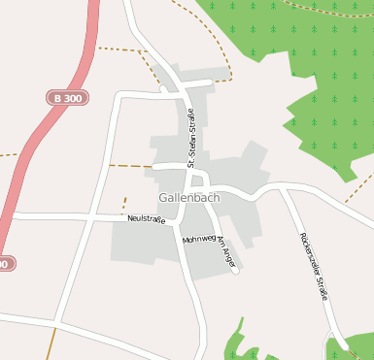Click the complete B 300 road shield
(66, 98)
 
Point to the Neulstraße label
(147, 219)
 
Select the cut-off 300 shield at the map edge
(6, 264)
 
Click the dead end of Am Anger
(236, 271)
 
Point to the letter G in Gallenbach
(162, 198)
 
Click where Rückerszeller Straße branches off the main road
(283, 190)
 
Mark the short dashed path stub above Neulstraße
(124, 204)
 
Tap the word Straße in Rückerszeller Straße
(323, 287)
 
